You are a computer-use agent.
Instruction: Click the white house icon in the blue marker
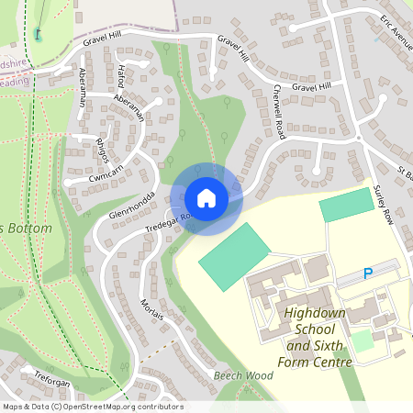206,197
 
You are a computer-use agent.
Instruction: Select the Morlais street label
152,311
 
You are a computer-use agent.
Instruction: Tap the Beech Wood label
243,376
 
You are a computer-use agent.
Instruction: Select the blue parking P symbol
368,273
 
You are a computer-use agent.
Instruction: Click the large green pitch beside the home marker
234,256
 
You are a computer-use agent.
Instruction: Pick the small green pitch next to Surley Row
347,206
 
